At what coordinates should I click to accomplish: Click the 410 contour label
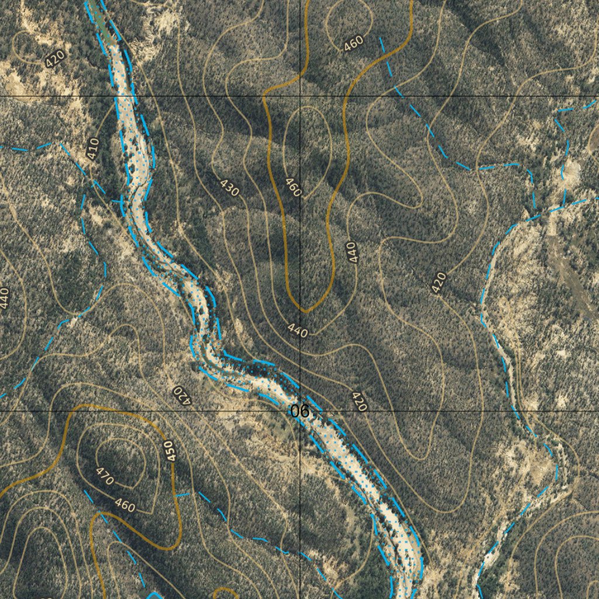(x=92, y=149)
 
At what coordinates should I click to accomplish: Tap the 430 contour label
(x=230, y=187)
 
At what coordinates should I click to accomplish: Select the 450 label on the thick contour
(x=170, y=451)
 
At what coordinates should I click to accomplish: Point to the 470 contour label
(x=105, y=477)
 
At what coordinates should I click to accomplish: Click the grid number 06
(x=299, y=411)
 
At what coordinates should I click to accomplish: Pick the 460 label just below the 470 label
(x=125, y=505)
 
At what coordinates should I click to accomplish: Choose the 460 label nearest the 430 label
(x=293, y=187)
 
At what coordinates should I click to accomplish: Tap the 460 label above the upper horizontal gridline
(x=353, y=43)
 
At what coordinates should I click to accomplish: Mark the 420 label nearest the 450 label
(x=182, y=395)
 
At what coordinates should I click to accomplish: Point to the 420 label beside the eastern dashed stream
(x=439, y=283)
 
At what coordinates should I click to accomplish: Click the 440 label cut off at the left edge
(x=5, y=298)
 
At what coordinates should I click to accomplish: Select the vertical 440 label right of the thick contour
(x=351, y=252)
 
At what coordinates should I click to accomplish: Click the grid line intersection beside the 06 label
(x=301, y=411)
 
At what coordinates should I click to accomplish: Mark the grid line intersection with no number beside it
(x=301, y=96)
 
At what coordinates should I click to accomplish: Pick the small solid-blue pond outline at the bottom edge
(x=154, y=595)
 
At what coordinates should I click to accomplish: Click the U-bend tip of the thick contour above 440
(x=305, y=310)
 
